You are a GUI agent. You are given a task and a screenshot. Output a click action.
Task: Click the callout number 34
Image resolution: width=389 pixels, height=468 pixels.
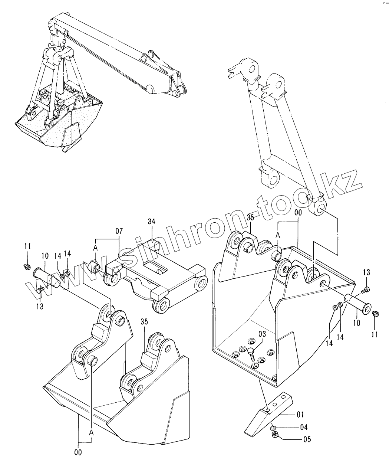tap(151, 222)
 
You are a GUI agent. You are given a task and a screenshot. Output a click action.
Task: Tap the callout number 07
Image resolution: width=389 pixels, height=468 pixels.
tap(119, 231)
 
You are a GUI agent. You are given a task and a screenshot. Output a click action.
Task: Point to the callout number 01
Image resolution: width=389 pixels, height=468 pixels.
tap(300, 414)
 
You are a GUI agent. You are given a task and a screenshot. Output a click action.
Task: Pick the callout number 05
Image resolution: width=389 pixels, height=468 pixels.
tap(307, 440)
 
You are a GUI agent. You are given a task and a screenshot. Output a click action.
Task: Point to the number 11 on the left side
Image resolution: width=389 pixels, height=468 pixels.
tap(27, 246)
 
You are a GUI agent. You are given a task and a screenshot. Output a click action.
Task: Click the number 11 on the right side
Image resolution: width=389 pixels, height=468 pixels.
tap(375, 334)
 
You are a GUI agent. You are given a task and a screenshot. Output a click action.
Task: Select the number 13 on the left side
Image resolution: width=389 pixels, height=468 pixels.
tap(40, 306)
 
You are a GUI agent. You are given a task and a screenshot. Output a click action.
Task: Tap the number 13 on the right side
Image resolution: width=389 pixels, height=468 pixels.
tap(366, 273)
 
